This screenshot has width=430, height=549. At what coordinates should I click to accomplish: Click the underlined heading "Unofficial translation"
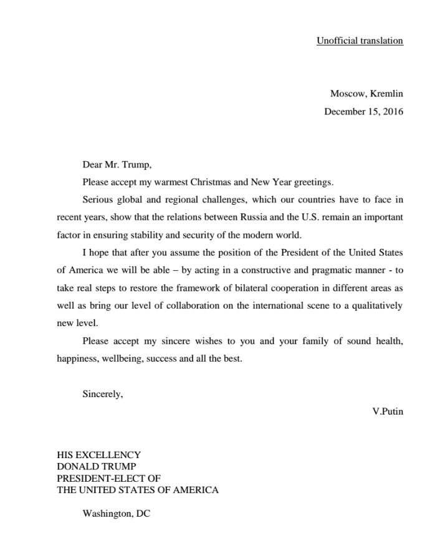tap(360, 41)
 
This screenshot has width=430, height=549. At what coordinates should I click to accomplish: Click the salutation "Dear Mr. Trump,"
tap(117, 165)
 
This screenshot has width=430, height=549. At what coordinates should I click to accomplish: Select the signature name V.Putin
tap(387, 412)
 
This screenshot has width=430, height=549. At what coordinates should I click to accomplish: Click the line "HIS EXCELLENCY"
tap(98, 455)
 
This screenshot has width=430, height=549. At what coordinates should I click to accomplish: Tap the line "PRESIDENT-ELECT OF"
tap(108, 478)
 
